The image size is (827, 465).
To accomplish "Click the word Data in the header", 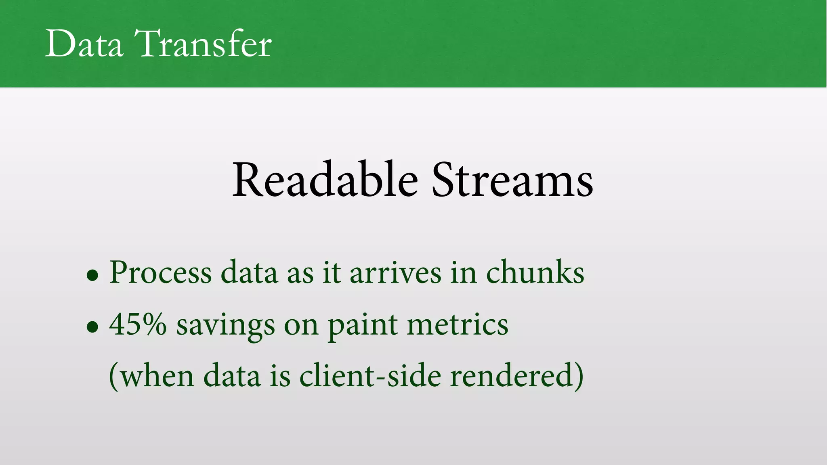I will coord(84,44).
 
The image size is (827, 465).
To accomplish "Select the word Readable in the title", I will coord(325,180).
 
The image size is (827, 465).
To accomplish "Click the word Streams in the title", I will coord(512,180).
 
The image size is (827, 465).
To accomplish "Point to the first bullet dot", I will coord(92,275).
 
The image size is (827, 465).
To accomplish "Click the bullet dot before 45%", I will coord(92,327).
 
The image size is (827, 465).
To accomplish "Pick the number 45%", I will coord(138,324).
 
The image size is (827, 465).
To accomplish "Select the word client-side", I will coord(370,375).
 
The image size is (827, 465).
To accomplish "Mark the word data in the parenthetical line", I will coord(232,375).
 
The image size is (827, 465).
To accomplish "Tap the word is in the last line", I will coord(280,375).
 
